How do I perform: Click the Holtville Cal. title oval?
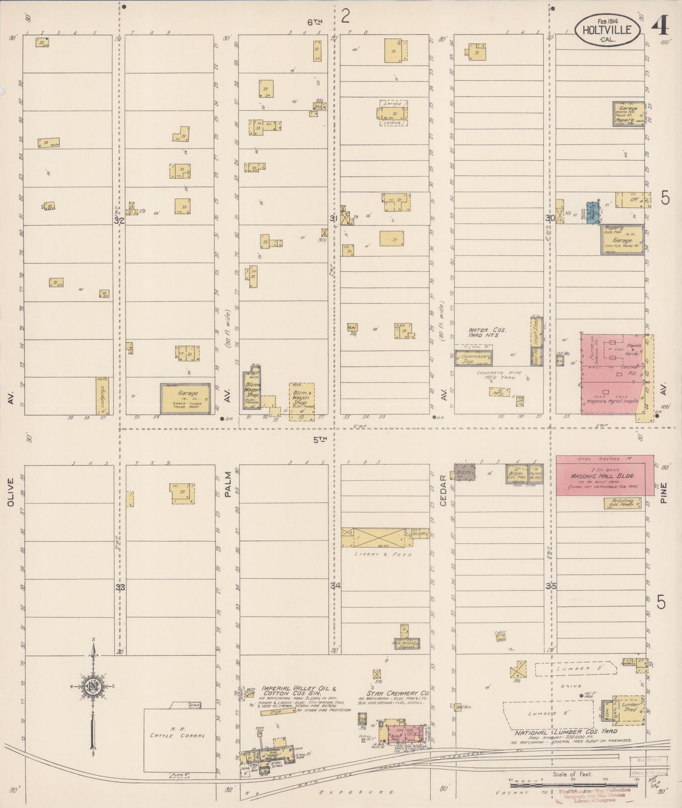(x=608, y=29)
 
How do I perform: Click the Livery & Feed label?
(x=383, y=554)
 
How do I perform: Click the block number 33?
(x=121, y=587)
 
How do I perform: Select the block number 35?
(x=551, y=586)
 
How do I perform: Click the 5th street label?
(x=320, y=439)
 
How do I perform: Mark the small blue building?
(x=592, y=213)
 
